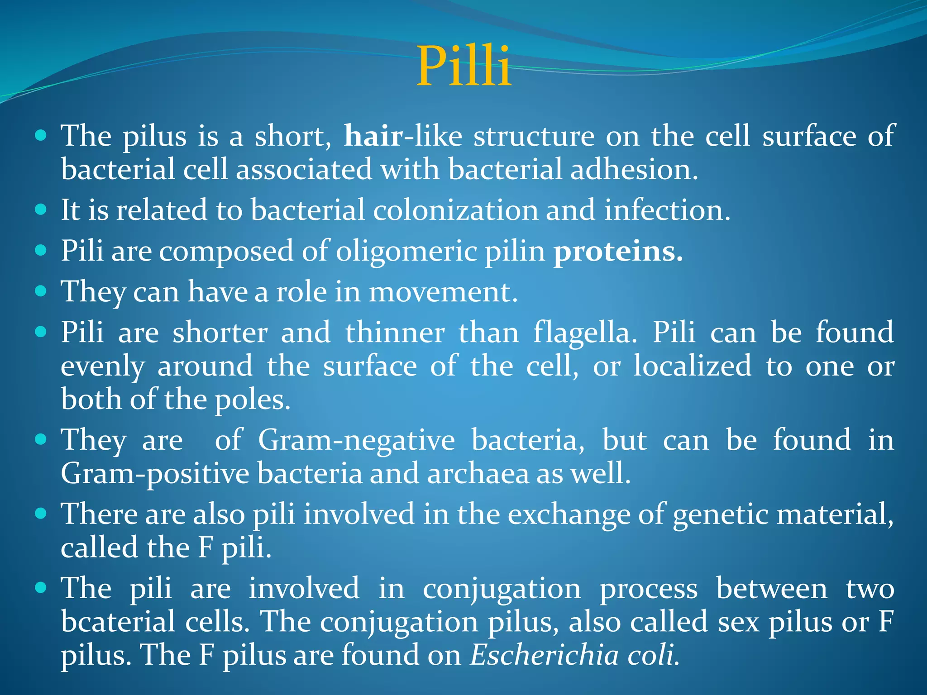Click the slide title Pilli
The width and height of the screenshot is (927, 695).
(x=463, y=67)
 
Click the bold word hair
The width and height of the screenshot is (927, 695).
(x=373, y=136)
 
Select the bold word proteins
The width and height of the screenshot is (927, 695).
(x=618, y=252)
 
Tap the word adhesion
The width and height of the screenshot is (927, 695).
(x=634, y=169)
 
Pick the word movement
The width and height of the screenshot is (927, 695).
(x=443, y=292)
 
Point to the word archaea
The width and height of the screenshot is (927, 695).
(x=478, y=474)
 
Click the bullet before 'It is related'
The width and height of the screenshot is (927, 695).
(x=41, y=209)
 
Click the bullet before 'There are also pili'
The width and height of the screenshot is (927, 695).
(x=41, y=513)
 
